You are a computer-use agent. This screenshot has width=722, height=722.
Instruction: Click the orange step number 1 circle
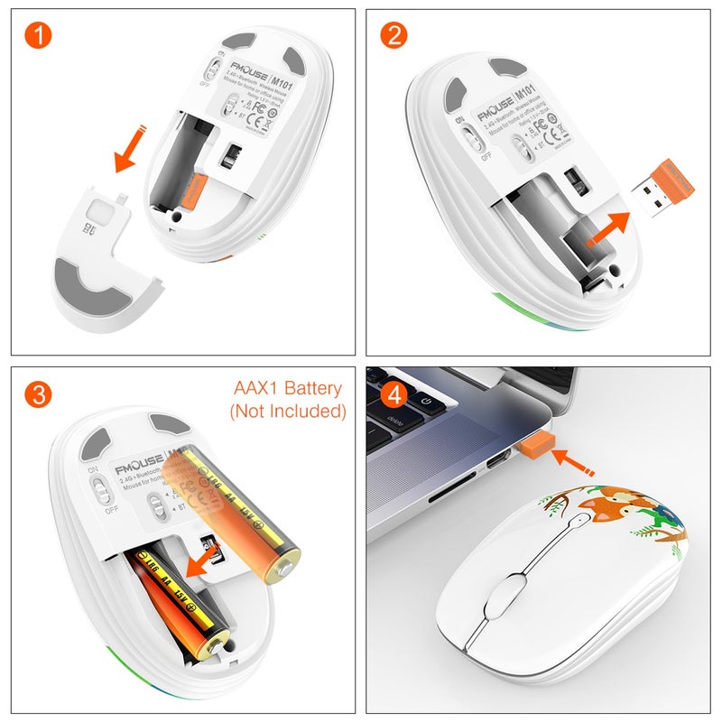click(x=37, y=37)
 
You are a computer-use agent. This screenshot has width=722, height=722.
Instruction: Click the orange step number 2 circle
click(x=393, y=37)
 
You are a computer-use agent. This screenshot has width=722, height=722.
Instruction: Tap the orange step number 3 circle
click(x=37, y=393)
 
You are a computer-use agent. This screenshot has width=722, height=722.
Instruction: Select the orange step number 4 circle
click(x=393, y=393)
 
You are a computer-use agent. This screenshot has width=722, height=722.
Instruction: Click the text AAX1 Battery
click(x=288, y=389)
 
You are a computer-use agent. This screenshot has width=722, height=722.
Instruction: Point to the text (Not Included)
click(x=288, y=412)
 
